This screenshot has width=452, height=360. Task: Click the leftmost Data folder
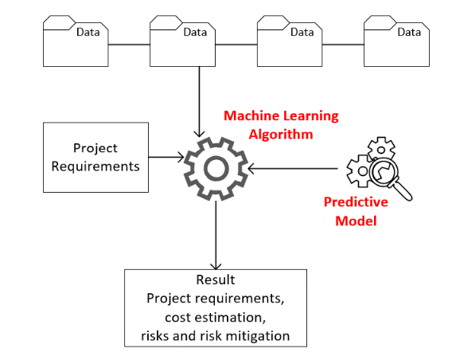(76, 45)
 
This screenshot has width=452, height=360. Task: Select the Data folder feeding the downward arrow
(183, 45)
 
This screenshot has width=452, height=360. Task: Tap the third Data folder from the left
(290, 45)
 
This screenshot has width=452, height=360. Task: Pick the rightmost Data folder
(397, 45)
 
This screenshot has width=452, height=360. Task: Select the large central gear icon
(215, 167)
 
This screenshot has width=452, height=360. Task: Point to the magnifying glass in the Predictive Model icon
(387, 177)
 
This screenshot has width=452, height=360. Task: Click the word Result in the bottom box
(215, 280)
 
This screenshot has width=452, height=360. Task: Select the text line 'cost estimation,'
(215, 317)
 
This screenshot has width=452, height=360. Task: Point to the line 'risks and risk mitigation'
(215, 335)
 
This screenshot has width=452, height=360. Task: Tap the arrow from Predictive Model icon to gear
(294, 168)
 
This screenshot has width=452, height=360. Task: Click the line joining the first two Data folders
(129, 45)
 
